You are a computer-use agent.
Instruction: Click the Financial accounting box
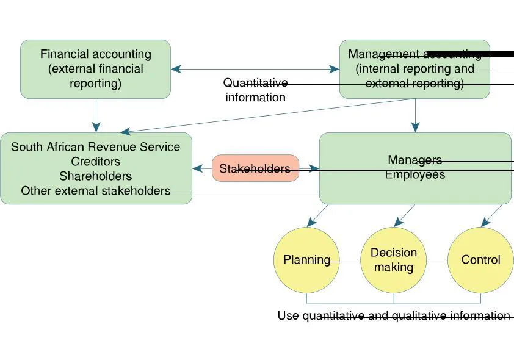click(95, 69)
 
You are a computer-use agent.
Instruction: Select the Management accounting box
click(414, 69)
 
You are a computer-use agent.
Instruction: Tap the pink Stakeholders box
click(255, 168)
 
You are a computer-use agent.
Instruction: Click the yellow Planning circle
click(306, 260)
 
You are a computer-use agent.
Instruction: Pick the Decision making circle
click(394, 260)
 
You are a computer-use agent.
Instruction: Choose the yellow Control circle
click(480, 260)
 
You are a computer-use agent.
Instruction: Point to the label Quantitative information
click(255, 90)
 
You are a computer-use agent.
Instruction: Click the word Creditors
click(96, 162)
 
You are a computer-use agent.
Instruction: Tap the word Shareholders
click(96, 176)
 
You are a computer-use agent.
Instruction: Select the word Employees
click(415, 174)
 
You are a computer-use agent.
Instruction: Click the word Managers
click(414, 160)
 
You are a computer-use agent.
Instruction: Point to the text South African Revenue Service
click(96, 147)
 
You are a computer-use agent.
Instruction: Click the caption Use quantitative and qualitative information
click(394, 315)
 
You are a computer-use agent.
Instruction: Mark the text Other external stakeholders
click(96, 191)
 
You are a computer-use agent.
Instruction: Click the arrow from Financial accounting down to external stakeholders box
click(96, 115)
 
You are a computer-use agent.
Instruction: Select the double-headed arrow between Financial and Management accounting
click(255, 70)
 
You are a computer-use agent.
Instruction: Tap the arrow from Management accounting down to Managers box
click(416, 115)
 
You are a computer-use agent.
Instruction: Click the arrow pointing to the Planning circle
click(317, 215)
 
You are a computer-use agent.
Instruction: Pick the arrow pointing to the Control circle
click(493, 215)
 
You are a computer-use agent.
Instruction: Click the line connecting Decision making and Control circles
click(437, 262)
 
